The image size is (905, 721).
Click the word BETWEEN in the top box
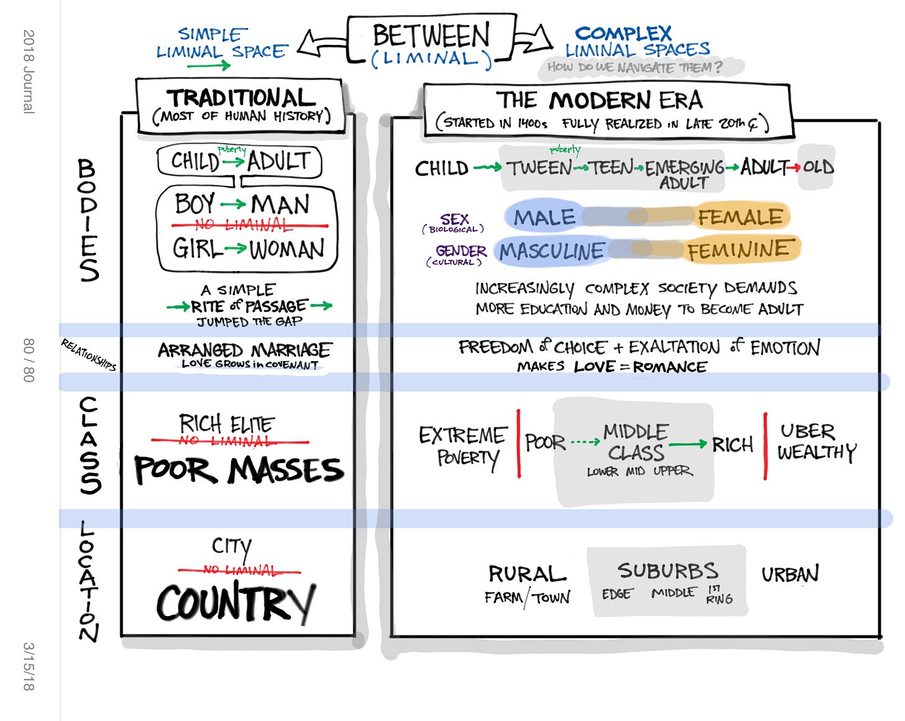click(431, 35)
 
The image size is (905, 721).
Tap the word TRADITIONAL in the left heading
click(241, 98)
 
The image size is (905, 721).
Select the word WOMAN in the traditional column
click(287, 249)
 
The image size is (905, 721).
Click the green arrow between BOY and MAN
click(232, 204)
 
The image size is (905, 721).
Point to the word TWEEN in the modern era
click(539, 168)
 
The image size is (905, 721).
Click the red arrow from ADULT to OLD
click(794, 167)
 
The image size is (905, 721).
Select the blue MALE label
click(544, 218)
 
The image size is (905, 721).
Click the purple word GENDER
click(461, 251)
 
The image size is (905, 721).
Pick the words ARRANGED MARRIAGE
click(245, 350)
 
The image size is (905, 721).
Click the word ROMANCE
click(669, 367)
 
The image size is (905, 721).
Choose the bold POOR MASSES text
click(239, 470)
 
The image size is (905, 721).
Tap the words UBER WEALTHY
click(815, 442)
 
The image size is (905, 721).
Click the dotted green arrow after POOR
click(584, 443)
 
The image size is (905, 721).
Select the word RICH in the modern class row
click(732, 444)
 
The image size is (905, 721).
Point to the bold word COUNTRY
click(236, 603)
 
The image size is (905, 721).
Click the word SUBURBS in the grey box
click(668, 571)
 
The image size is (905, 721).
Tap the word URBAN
click(790, 574)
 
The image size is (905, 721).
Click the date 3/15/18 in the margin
click(29, 666)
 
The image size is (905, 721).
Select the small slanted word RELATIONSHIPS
click(88, 354)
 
